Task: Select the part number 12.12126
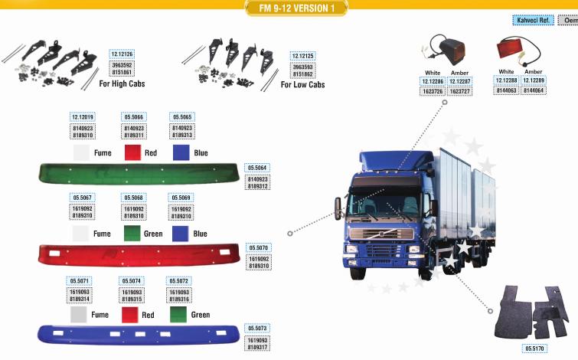click(122, 54)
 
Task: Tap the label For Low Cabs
click(302, 84)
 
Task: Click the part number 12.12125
click(303, 56)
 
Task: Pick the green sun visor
click(140, 174)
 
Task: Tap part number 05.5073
click(257, 328)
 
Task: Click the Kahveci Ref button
click(532, 21)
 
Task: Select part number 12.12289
click(534, 80)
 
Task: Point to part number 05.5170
click(535, 349)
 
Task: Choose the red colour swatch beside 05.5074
click(132, 314)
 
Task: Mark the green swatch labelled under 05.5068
click(132, 234)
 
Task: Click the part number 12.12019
click(82, 117)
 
